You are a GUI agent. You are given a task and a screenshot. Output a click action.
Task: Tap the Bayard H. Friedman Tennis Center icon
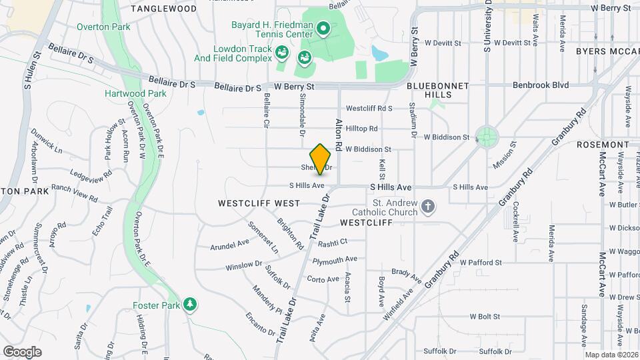point(323,28)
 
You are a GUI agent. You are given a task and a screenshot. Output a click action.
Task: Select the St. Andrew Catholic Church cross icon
point(428,207)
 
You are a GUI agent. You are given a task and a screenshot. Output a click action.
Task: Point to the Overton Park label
point(103,27)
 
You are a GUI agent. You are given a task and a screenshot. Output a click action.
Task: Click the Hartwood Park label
point(135,93)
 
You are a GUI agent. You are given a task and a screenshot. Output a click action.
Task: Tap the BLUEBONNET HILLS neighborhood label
point(438,91)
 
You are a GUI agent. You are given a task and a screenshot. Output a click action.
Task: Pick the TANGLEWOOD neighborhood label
point(163,9)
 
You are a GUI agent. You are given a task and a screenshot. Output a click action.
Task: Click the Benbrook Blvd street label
point(540,85)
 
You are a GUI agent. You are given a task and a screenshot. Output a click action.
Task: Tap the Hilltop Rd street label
point(361,129)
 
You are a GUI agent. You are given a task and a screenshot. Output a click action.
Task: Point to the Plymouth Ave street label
point(335,259)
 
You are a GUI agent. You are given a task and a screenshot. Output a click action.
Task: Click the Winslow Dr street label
point(243,265)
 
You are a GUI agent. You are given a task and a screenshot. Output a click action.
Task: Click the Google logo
point(22,351)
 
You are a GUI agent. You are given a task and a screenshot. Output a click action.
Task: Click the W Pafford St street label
point(480,263)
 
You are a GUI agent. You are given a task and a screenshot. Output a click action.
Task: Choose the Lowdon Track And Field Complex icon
point(282,51)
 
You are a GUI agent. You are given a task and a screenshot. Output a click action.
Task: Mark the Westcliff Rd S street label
point(369,108)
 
